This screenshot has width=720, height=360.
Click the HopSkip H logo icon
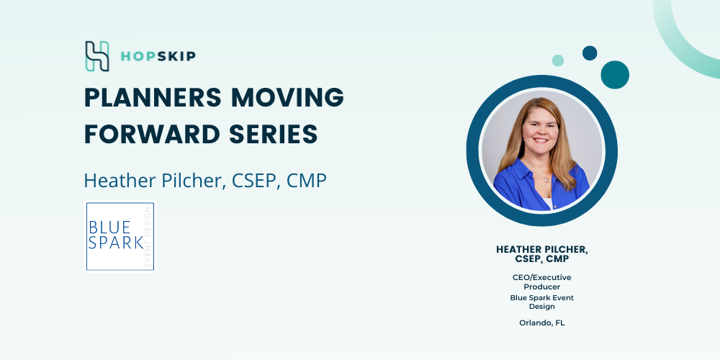tap(97, 56)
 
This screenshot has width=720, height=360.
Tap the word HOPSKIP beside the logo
tap(158, 56)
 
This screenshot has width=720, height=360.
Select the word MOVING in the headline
tap(288, 97)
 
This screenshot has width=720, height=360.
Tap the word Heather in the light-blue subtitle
tap(120, 181)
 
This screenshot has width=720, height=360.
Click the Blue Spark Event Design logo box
tap(120, 236)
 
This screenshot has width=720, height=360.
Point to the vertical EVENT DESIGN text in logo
tap(148, 236)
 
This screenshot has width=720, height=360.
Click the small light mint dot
tap(558, 60)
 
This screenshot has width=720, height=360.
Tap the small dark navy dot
tap(590, 53)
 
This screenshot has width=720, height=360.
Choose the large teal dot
tap(615, 75)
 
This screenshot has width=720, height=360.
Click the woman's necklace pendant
tap(546, 179)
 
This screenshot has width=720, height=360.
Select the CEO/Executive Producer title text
tap(542, 282)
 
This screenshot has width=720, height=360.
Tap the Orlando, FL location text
tap(542, 323)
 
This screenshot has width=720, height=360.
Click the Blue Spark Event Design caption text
tap(542, 302)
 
